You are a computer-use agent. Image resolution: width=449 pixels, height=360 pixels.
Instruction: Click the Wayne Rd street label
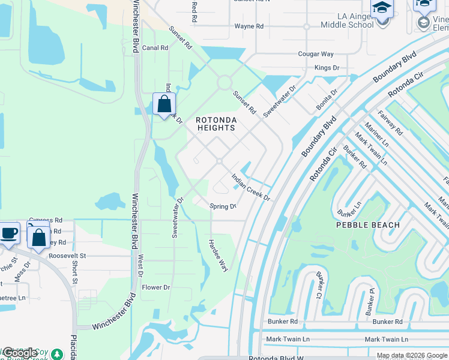[x=249, y=26]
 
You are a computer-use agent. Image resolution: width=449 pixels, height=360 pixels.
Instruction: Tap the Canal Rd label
[x=155, y=48]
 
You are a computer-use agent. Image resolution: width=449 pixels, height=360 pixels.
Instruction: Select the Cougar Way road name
[x=316, y=54]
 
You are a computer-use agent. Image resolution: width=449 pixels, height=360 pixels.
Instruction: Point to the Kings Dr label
[x=327, y=68]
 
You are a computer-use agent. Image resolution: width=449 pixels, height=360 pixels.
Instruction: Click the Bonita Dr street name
[x=327, y=100]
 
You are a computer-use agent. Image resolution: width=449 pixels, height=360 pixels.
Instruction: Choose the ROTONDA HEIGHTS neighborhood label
[x=216, y=124]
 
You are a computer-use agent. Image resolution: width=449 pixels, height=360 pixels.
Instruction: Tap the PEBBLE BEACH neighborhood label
[x=367, y=225]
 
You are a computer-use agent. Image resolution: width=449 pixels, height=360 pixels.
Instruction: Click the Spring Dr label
[x=223, y=206]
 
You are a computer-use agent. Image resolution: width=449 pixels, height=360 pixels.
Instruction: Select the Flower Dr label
[x=157, y=287]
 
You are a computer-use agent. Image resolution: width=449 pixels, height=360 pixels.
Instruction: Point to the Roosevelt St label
[x=68, y=255]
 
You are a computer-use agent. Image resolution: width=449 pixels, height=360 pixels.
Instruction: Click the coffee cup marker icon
[x=8, y=233]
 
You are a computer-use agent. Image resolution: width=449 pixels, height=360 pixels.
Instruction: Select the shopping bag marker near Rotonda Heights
[x=164, y=104]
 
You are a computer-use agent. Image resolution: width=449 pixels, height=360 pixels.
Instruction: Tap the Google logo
[x=20, y=353]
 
